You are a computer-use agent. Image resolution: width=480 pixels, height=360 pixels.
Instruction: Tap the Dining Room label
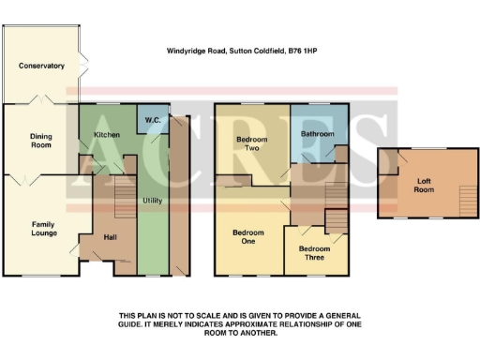tap(38, 142)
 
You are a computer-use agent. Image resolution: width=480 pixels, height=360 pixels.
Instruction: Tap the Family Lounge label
tap(44, 229)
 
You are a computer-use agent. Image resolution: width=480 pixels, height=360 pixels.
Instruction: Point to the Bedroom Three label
tap(314, 253)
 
